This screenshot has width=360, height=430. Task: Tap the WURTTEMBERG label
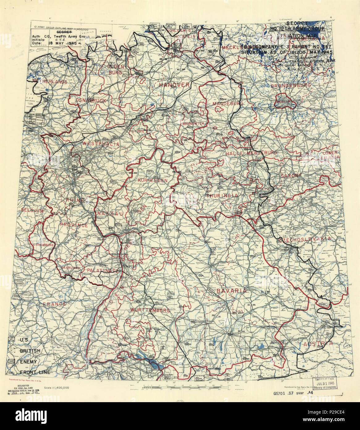coord(150,310)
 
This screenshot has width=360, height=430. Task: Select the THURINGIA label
coord(222,196)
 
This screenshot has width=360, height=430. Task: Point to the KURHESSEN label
coord(153,180)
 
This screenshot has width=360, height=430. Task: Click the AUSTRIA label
coord(318,344)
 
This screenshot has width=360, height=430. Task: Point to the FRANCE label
coord(54,304)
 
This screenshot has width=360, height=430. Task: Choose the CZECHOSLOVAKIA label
coord(305,239)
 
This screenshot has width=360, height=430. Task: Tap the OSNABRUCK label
coord(87,101)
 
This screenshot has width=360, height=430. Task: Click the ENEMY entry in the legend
coord(28,361)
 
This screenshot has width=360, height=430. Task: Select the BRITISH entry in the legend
coord(30,350)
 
